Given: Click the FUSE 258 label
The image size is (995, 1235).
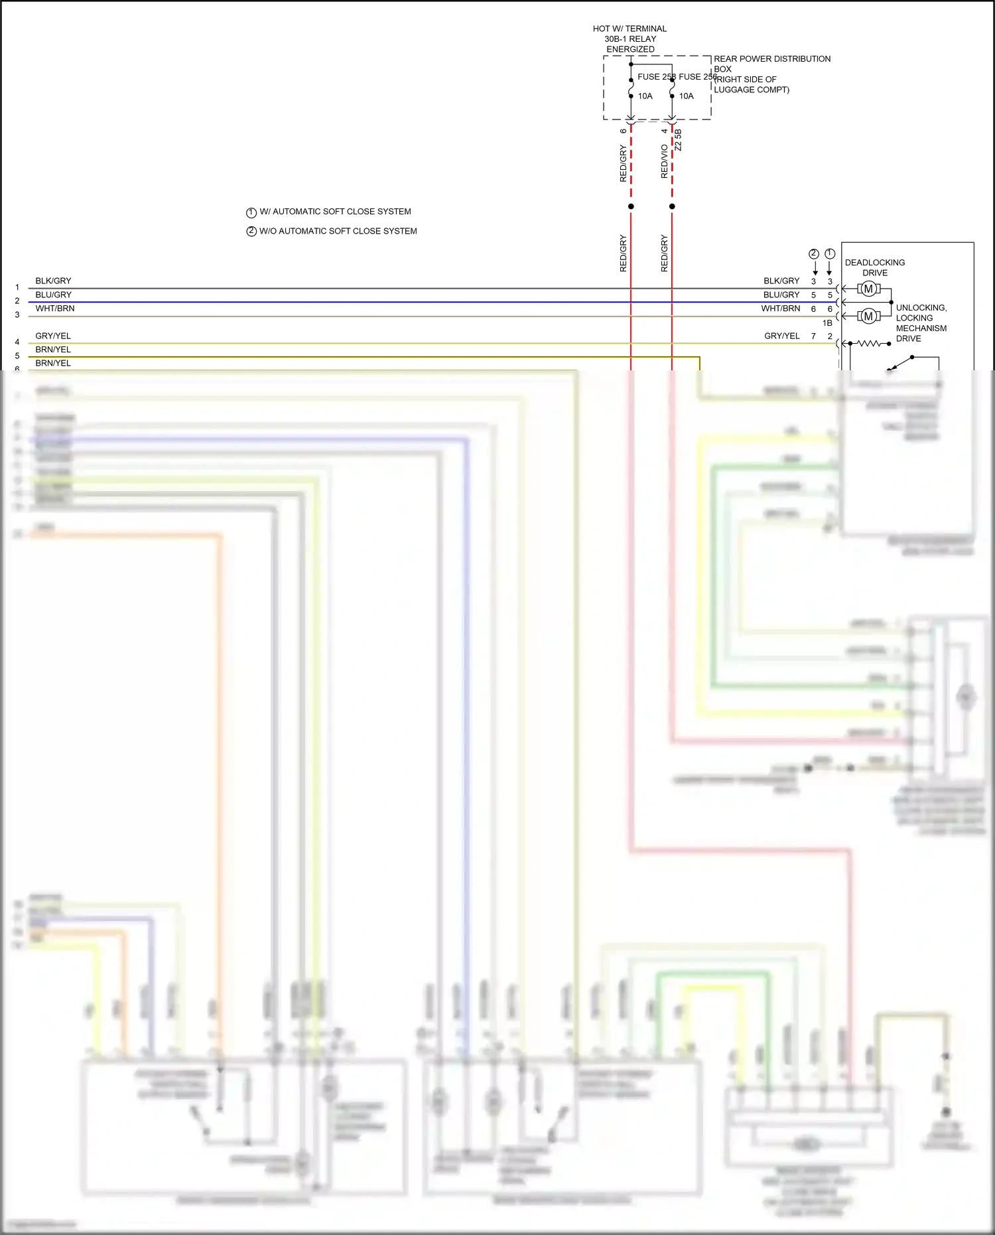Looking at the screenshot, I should pos(655,77).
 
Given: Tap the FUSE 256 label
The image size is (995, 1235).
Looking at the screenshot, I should pos(696,77).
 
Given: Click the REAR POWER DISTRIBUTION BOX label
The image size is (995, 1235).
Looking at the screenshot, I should pos(771,64).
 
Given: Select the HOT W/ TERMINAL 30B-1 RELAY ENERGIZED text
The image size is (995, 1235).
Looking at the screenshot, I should pos(630,39).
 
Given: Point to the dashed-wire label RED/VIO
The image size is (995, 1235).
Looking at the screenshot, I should pos(664,161).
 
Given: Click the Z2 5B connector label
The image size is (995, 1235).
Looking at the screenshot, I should pos(678,139).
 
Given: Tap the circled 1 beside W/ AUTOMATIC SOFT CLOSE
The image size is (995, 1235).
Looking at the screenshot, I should pos(251,213).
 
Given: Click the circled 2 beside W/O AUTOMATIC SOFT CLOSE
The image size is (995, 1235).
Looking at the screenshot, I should pos(251,232).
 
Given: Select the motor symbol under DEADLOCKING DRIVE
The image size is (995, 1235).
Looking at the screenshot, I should pos(868,289).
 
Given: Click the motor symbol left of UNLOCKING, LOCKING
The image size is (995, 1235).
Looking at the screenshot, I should pos(868,317).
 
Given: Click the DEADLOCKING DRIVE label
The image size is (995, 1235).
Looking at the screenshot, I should pos(874,267).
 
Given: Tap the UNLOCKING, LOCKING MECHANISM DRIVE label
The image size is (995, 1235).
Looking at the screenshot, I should pos(921,323).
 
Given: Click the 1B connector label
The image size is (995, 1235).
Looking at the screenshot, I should pos(827,323).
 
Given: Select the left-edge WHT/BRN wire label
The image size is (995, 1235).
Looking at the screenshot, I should pos(55,309).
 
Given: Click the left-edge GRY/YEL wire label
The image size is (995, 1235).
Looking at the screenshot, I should pos(53,336).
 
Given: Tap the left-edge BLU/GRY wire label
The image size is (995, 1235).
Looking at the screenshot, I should pos(54,295).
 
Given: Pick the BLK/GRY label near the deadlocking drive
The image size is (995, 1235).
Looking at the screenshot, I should pos(781,281).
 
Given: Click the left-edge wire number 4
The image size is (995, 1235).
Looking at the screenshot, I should pos(17,342).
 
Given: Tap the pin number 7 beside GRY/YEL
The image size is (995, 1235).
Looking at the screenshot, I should pos(813,336).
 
